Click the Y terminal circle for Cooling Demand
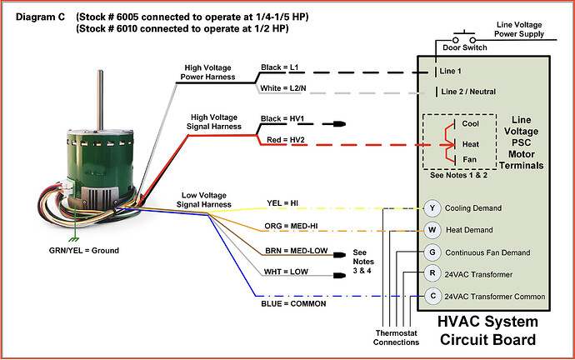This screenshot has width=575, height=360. click(432, 208)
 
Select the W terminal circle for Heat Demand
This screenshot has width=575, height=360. click(432, 229)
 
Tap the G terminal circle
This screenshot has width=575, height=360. click(432, 252)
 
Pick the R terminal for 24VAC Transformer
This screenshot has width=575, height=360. click(432, 273)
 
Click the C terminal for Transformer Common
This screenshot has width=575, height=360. click(432, 296)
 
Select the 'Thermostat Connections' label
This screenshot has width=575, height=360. click(389, 337)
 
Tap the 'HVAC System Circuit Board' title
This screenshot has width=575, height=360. click(487, 330)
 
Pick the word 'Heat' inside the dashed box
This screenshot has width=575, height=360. click(471, 144)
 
